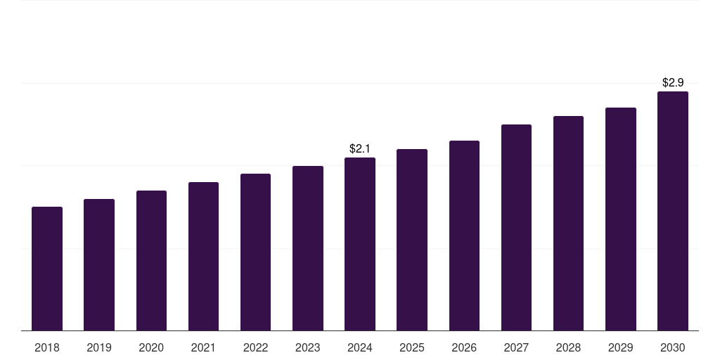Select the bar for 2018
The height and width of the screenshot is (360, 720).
coord(47,269)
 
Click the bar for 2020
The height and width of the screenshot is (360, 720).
coord(152,260)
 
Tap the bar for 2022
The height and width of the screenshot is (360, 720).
coord(255,252)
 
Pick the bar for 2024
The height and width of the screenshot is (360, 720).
coord(360,244)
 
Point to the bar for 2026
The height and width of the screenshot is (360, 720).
coord(464,236)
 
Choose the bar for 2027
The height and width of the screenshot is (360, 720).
coord(516,227)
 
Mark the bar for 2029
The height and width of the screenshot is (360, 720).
coord(621,219)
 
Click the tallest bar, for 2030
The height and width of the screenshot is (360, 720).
coord(673,211)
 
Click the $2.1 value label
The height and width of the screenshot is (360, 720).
coord(360,149)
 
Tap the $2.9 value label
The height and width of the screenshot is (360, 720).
coord(673,83)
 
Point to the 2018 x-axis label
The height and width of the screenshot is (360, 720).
coord(47,348)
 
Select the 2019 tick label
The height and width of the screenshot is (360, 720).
coord(99,348)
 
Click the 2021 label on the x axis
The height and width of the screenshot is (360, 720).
coord(203,348)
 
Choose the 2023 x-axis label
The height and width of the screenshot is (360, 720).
coord(308,348)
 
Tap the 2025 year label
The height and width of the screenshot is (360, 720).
coord(412,348)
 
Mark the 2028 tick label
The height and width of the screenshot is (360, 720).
coord(568,348)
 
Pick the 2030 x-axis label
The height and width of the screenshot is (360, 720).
coord(673,348)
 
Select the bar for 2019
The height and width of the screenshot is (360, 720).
coord(99,265)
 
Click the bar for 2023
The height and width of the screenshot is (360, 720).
coord(308,248)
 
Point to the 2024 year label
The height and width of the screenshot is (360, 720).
coord(360,348)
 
